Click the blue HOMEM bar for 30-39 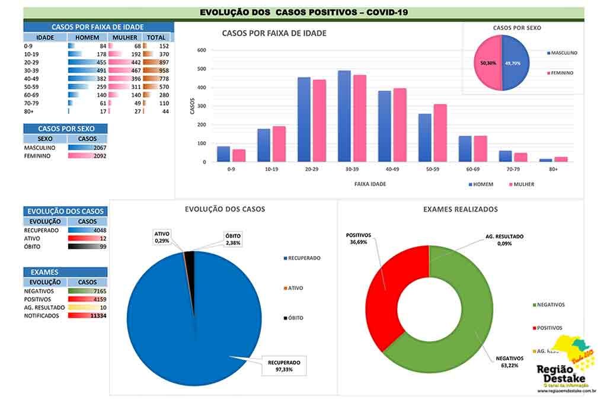tap(344, 116)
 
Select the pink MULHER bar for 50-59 tap(440, 133)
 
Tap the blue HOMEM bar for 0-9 tap(223, 154)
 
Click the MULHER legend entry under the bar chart tap(521, 184)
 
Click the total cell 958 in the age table tap(156, 71)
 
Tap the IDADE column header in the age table tap(46, 37)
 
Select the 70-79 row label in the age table tap(32, 103)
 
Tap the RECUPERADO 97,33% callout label tap(284, 366)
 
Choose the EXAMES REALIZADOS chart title tap(461, 209)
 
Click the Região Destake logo tap(567, 367)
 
